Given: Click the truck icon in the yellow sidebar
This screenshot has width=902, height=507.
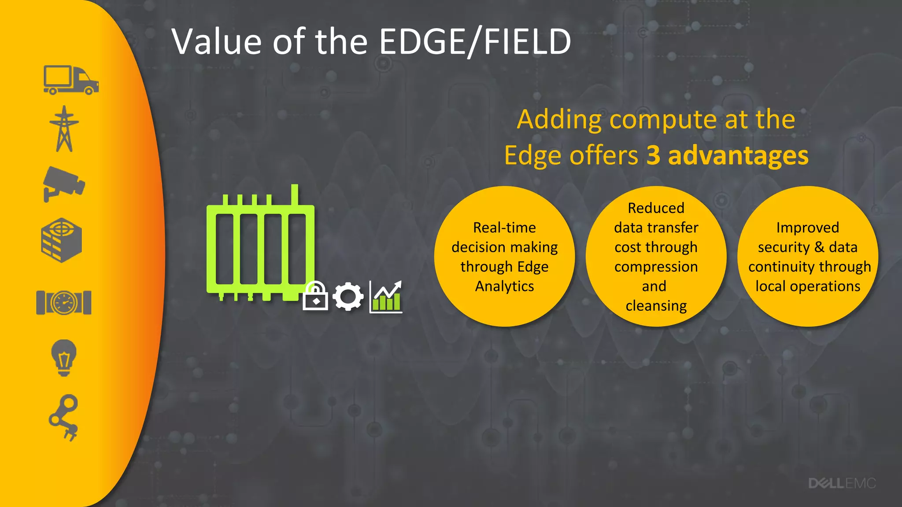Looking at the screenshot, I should [x=71, y=80].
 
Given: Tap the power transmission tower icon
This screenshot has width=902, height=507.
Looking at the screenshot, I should [x=64, y=129].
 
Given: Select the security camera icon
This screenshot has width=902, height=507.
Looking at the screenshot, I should [x=63, y=184].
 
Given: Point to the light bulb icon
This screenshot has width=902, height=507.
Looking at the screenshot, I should [x=64, y=357].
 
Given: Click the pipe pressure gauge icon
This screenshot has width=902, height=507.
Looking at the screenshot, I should [x=64, y=302].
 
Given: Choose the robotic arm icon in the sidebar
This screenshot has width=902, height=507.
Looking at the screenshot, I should [x=64, y=417].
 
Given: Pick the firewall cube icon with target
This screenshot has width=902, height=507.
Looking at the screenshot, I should [x=62, y=240].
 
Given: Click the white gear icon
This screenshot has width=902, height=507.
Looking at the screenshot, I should [x=348, y=297].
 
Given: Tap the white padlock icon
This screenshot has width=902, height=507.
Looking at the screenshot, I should [x=315, y=296].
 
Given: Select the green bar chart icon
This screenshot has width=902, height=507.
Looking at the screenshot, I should [x=386, y=297].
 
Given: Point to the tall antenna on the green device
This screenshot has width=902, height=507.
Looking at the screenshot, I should [x=295, y=195].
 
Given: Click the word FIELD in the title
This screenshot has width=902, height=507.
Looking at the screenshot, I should [x=527, y=42].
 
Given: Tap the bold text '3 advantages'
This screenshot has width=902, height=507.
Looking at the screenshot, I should [x=727, y=155].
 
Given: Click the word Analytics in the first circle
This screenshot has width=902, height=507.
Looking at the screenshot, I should [x=504, y=287].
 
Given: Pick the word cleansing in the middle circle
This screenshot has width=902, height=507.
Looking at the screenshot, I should [x=656, y=306].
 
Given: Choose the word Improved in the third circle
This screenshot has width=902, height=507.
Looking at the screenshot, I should [x=807, y=228].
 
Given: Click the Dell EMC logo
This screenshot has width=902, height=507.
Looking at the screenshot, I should [x=842, y=483].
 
